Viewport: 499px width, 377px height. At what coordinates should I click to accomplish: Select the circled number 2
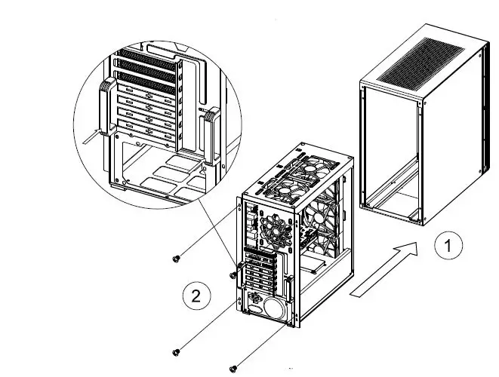196,296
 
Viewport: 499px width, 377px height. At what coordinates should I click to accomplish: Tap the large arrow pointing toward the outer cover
384,269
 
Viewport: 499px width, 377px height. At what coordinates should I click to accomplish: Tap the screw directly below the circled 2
177,351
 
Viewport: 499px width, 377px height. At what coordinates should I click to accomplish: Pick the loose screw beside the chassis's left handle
233,276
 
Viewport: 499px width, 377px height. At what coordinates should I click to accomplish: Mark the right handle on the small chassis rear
289,293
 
